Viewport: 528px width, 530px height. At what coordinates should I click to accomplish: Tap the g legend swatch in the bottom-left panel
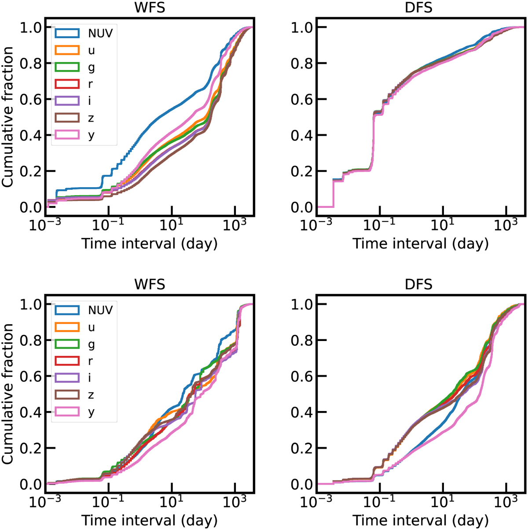pyautogui.click(x=67, y=344)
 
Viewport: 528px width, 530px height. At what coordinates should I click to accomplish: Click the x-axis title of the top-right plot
pyautogui.click(x=421, y=244)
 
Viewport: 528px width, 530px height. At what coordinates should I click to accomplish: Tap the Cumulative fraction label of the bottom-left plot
pyautogui.click(x=8, y=394)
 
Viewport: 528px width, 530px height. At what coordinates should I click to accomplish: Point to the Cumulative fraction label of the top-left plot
pyautogui.click(x=8, y=117)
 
